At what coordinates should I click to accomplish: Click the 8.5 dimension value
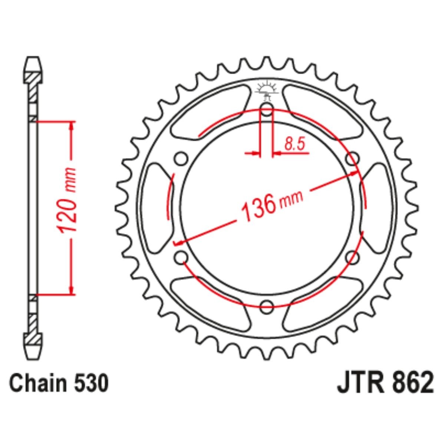[295, 144]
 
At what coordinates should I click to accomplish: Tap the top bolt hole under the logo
[267, 109]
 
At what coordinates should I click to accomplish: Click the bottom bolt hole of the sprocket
[267, 307]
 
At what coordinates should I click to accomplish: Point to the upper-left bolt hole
[181, 159]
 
